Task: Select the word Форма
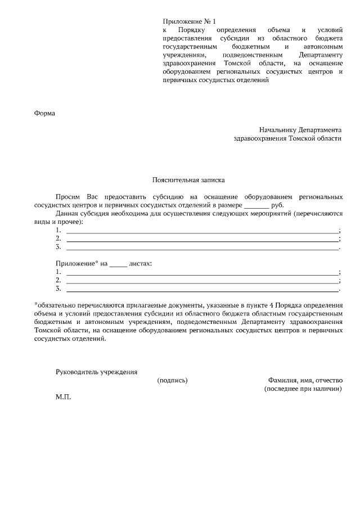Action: pos(44,113)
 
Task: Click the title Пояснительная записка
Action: pos(188,181)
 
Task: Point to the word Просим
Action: pos(68,197)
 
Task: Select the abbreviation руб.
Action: pos(277,206)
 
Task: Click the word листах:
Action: pos(140,263)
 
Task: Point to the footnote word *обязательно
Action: pos(56,305)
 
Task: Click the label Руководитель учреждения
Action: pos(96,372)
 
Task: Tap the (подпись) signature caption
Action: pos(172,380)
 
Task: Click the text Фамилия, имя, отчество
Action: pos(304,380)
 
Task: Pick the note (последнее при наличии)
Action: pos(303,389)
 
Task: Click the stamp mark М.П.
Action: pos(64,397)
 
